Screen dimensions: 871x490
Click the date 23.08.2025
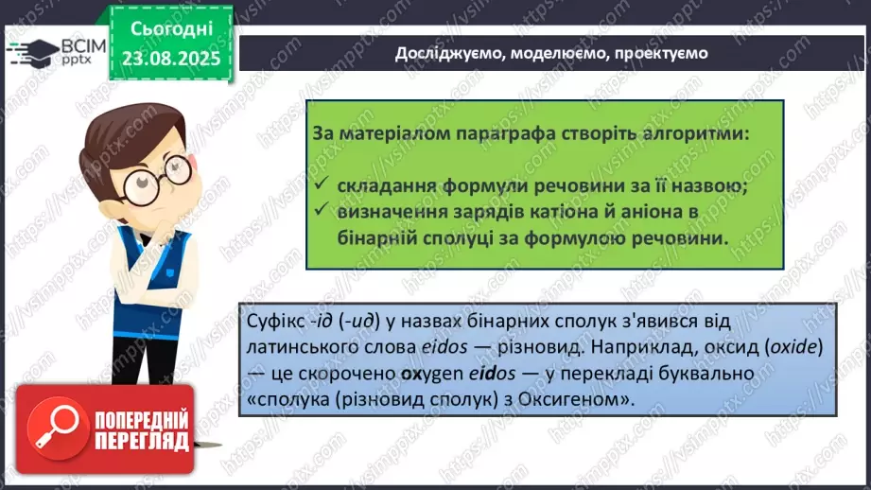pos(171,59)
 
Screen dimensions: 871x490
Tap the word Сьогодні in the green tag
pos(171,29)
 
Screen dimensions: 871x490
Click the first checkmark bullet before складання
pos(322,184)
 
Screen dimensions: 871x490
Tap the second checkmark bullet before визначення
pos(322,209)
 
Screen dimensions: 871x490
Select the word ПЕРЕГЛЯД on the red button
pos(142,442)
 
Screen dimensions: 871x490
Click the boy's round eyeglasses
pos(158,178)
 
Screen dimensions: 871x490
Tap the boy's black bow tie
pos(147,239)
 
